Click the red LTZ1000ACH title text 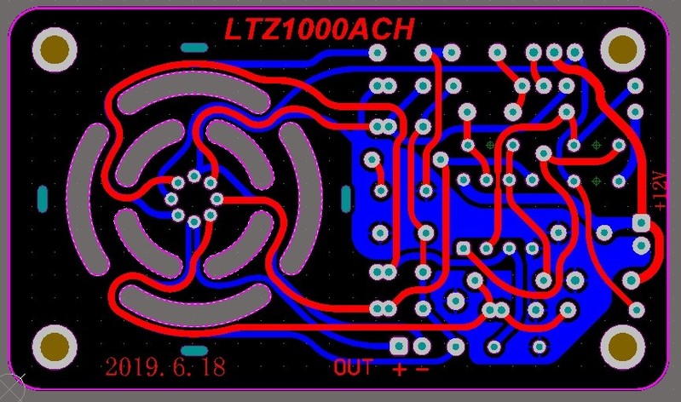pos(320,30)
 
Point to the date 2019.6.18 pos(165,367)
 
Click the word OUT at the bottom pos(353,367)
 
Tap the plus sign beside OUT pos(400,370)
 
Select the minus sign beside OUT pos(422,370)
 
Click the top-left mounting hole pos(55,49)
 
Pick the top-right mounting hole pos(622,49)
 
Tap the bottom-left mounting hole pos(55,347)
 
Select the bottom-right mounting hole pos(622,347)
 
